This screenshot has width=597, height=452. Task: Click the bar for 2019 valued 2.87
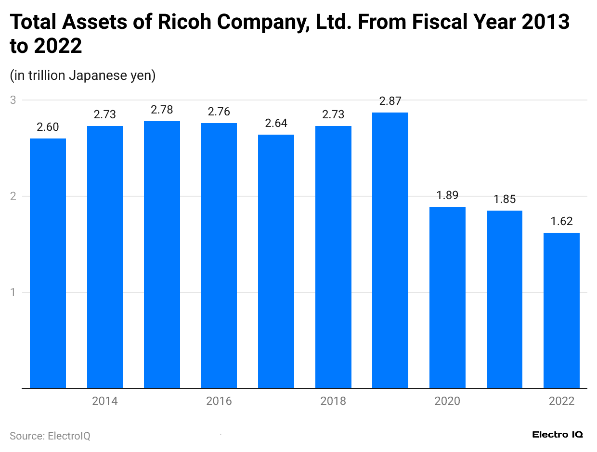tap(390, 250)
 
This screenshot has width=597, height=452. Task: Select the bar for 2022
tap(561, 310)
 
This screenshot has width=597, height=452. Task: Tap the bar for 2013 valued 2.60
tap(48, 263)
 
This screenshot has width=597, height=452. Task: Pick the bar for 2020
tap(447, 297)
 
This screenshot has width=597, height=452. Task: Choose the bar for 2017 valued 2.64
tap(276, 261)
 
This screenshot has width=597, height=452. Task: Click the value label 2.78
tap(162, 110)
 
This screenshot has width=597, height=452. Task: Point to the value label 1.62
tap(561, 221)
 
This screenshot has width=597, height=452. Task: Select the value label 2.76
tap(219, 112)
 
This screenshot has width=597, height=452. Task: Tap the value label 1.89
tap(447, 195)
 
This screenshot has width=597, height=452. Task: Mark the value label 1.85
tap(505, 199)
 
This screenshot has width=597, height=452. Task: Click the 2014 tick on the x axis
tap(105, 401)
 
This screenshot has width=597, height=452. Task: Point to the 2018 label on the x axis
tap(333, 401)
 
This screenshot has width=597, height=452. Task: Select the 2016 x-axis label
tap(219, 401)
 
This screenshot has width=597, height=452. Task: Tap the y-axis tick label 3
tap(13, 100)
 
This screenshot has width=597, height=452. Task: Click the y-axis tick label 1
tap(13, 292)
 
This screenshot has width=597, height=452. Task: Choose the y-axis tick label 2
tap(13, 196)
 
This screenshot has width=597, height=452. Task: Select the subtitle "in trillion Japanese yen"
tap(82, 75)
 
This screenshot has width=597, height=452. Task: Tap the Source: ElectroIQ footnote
tap(50, 436)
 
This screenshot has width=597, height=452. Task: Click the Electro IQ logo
tap(558, 435)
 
